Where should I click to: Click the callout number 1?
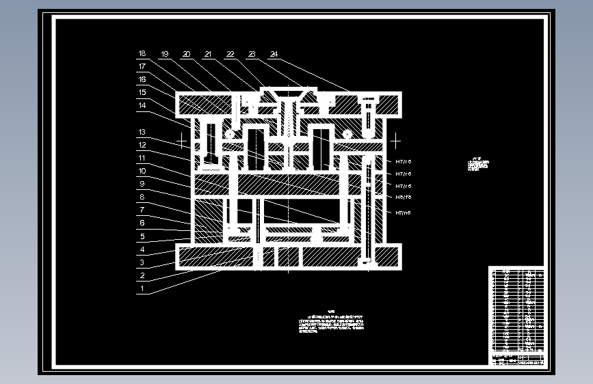(x=142, y=288)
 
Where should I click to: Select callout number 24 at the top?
(x=274, y=54)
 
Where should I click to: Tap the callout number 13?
(x=142, y=132)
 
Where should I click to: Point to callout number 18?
(x=142, y=54)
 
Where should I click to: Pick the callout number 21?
(x=208, y=54)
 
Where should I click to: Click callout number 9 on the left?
(x=142, y=184)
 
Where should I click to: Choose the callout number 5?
(x=142, y=236)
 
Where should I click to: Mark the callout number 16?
(x=142, y=80)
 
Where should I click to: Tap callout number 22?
(x=230, y=54)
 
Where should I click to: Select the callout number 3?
(x=142, y=262)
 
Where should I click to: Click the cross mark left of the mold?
(x=182, y=140)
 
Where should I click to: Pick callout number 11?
(x=142, y=158)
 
